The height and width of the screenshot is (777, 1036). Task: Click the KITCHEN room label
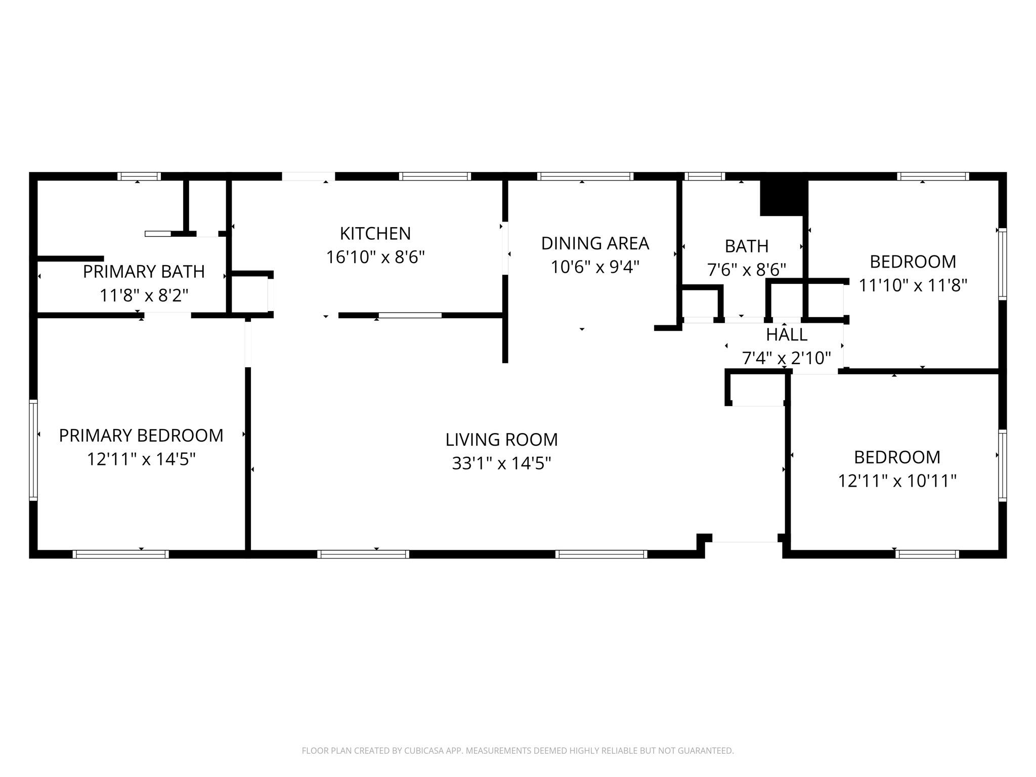click(x=375, y=234)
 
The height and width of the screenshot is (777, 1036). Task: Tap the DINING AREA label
click(x=595, y=243)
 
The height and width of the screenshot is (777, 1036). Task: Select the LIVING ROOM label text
click(x=501, y=440)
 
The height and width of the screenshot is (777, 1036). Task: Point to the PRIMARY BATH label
click(x=144, y=272)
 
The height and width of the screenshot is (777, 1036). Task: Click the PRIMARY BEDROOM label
click(x=141, y=436)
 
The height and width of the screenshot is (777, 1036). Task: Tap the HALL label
click(x=787, y=335)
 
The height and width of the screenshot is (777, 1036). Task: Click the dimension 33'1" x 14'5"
click(x=501, y=463)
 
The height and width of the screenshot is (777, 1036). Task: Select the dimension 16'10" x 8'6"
click(x=375, y=257)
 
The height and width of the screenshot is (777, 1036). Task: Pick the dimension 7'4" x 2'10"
click(x=787, y=358)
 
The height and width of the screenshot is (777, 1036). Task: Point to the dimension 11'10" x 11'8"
click(x=913, y=285)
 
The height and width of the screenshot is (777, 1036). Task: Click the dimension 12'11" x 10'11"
click(x=897, y=481)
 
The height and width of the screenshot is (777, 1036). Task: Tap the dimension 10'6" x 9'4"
click(x=595, y=267)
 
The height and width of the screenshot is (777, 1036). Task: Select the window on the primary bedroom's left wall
click(x=33, y=450)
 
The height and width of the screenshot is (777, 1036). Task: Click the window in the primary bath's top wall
click(x=139, y=177)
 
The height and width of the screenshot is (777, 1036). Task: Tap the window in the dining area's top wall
click(x=585, y=177)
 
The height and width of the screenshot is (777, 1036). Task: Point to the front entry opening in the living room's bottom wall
click(x=745, y=546)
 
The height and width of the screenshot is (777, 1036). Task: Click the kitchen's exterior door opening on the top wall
click(x=308, y=177)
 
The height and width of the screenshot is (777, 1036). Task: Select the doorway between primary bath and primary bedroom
click(x=167, y=316)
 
